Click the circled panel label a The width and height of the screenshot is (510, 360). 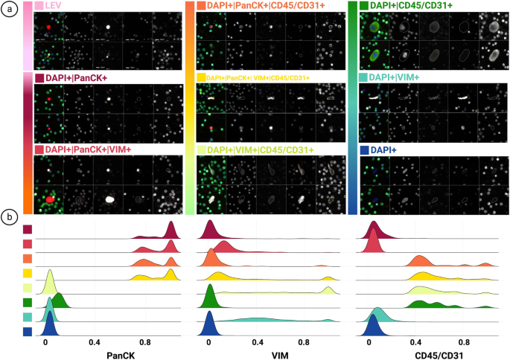(9, 12)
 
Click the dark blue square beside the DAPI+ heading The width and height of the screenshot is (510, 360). (364, 150)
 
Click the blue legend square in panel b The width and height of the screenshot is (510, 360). (27, 332)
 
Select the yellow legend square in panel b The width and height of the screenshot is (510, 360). (27, 274)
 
